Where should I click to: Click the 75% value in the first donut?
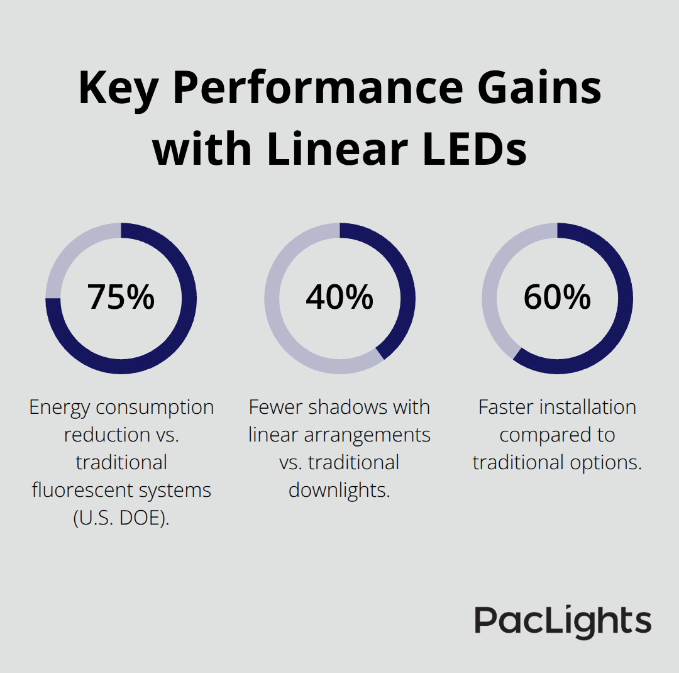pyautogui.click(x=121, y=298)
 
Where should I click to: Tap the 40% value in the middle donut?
pyautogui.click(x=339, y=298)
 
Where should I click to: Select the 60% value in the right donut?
pyautogui.click(x=557, y=298)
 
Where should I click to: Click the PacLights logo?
pyautogui.click(x=563, y=621)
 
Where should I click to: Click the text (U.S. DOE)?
pyautogui.click(x=121, y=518)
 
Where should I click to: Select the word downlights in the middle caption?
pyautogui.click(x=339, y=490)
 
